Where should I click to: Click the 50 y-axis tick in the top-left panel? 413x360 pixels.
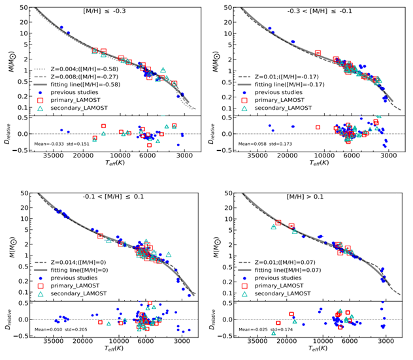pyautogui.click(x=26, y=8)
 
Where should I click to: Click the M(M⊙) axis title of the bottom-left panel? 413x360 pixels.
pyautogui.click(x=9, y=242)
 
